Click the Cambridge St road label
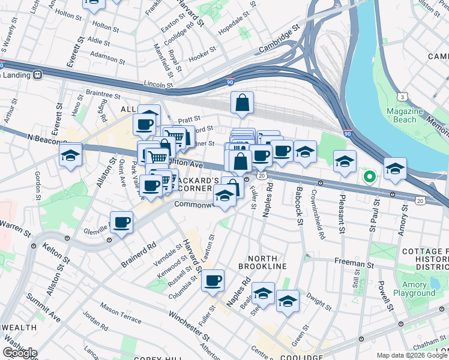tap(279, 40)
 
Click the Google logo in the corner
tap(20, 353)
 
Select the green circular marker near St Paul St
tap(369, 176)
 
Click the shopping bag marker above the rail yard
tap(242, 103)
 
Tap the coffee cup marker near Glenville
tap(122, 223)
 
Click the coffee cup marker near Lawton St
tap(212, 280)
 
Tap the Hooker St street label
tap(202, 58)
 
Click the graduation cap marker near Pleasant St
tap(345, 161)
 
